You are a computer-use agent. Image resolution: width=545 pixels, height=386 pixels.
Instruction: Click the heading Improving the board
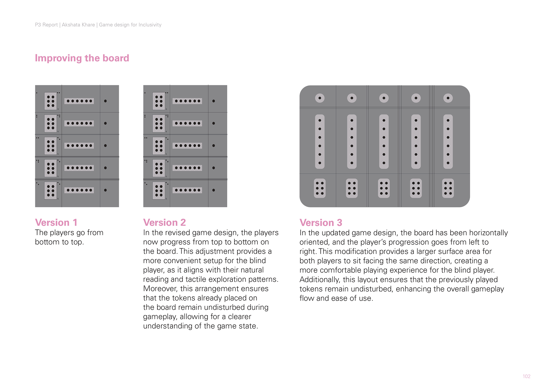[82, 58]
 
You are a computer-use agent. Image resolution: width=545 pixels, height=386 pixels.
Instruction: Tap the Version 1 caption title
[56, 222]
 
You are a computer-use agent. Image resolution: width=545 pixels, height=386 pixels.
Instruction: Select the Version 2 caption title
[164, 222]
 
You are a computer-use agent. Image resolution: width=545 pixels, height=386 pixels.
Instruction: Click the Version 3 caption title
[321, 223]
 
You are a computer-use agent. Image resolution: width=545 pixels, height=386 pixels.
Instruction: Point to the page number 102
[526, 376]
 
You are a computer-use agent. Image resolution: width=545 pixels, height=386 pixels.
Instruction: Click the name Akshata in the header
[71, 25]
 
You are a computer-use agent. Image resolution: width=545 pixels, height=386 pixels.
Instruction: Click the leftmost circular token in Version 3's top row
[320, 98]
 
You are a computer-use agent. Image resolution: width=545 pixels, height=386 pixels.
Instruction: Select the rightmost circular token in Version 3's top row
[448, 98]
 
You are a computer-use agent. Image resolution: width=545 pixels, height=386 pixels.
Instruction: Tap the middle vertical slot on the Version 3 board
[384, 141]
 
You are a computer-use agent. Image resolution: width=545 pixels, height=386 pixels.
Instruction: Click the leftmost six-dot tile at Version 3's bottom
[320, 188]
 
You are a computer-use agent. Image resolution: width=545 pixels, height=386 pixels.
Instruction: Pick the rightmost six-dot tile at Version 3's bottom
[448, 188]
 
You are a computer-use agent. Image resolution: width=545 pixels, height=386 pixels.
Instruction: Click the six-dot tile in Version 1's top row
[50, 101]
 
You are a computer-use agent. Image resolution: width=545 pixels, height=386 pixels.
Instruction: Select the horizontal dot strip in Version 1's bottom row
[79, 190]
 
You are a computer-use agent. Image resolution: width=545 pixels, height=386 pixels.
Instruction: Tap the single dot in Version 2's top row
[214, 101]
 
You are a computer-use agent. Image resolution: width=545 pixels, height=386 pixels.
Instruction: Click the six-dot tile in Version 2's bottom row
[159, 191]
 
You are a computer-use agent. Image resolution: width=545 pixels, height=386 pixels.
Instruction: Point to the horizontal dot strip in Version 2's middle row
[187, 146]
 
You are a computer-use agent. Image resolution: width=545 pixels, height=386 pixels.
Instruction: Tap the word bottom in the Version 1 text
[45, 242]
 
